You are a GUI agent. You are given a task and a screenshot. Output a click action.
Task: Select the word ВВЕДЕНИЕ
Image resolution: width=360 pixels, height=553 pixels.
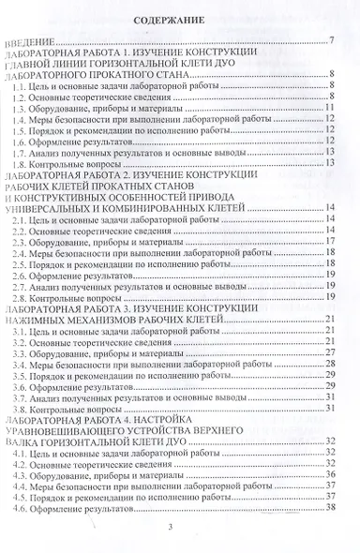click(31, 41)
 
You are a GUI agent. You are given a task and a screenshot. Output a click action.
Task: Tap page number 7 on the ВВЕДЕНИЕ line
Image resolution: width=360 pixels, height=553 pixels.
click(333, 41)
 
